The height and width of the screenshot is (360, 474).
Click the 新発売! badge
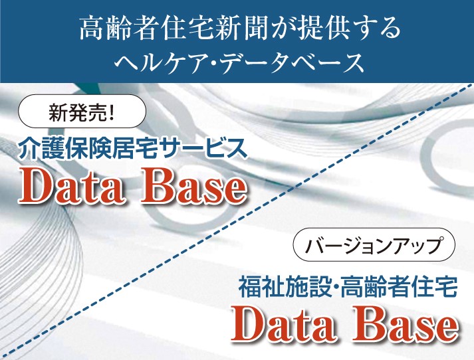pyautogui.click(x=82, y=111)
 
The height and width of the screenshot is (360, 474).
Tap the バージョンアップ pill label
pyautogui.click(x=374, y=245)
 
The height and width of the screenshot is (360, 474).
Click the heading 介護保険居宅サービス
pyautogui.click(x=133, y=149)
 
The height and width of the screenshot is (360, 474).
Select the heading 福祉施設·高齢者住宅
pyautogui.click(x=348, y=287)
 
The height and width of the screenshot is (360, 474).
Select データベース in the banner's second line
pyautogui.click(x=293, y=63)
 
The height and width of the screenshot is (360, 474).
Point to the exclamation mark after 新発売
pyautogui.click(x=111, y=111)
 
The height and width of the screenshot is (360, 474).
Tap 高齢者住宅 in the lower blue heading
pyautogui.click(x=399, y=287)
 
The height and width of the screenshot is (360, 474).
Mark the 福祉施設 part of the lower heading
pyautogui.click(x=283, y=287)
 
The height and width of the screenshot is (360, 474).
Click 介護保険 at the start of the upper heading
pyautogui.click(x=64, y=149)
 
